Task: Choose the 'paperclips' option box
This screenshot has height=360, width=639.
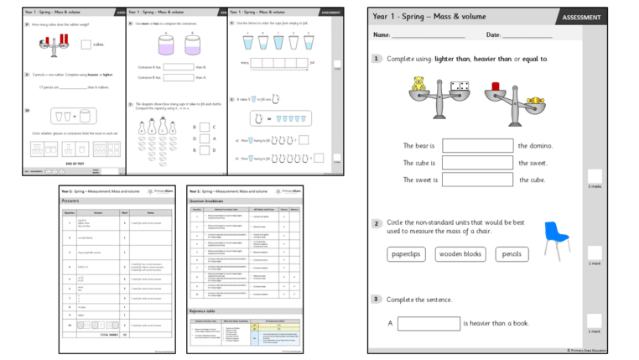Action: [x=406, y=254]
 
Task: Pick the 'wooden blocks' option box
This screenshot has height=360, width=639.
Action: [x=460, y=254]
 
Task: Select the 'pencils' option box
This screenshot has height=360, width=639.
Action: [x=512, y=254]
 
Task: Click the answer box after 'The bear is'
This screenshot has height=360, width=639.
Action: [x=477, y=146]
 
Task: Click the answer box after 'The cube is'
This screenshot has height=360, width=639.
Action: [x=477, y=163]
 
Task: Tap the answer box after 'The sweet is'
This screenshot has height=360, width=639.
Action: [x=477, y=180]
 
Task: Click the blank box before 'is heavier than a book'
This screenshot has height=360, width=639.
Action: [x=428, y=323]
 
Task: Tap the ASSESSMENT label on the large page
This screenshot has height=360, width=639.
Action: [x=580, y=17]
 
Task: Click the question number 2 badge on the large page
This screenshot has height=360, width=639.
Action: [x=377, y=223]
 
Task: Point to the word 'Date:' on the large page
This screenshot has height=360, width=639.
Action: [x=494, y=35]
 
